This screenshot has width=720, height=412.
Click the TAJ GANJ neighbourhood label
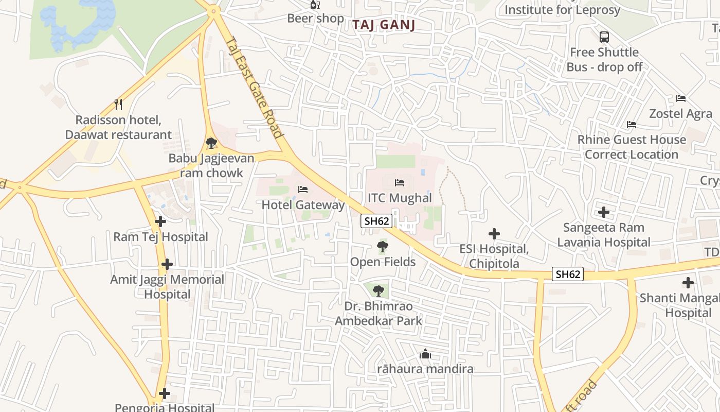click(385, 25)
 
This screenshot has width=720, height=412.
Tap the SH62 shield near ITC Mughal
click(377, 221)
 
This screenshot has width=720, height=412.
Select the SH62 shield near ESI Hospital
click(568, 274)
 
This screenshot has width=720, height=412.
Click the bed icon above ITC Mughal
click(400, 183)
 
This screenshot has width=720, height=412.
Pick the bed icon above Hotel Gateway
click(303, 190)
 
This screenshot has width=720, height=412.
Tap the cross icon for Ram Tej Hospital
click(160, 221)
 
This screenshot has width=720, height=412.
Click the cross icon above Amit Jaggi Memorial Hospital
click(167, 264)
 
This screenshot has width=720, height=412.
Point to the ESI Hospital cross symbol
click(494, 234)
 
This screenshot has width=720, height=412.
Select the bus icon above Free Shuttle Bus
click(604, 37)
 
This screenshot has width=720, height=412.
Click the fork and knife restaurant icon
click(118, 105)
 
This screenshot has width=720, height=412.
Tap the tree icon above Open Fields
click(382, 247)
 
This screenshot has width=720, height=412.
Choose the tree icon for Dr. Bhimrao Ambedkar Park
click(379, 291)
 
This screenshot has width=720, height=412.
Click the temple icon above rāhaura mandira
click(425, 354)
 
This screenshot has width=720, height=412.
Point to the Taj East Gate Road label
click(255, 88)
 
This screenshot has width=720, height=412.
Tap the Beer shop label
click(315, 19)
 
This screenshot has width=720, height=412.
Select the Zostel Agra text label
click(680, 113)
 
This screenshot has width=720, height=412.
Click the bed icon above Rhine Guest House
click(632, 125)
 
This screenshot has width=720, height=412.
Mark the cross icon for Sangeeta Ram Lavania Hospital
click(604, 212)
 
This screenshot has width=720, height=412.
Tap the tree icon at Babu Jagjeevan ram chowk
click(211, 143)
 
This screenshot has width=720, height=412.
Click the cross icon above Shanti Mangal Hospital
click(688, 283)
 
